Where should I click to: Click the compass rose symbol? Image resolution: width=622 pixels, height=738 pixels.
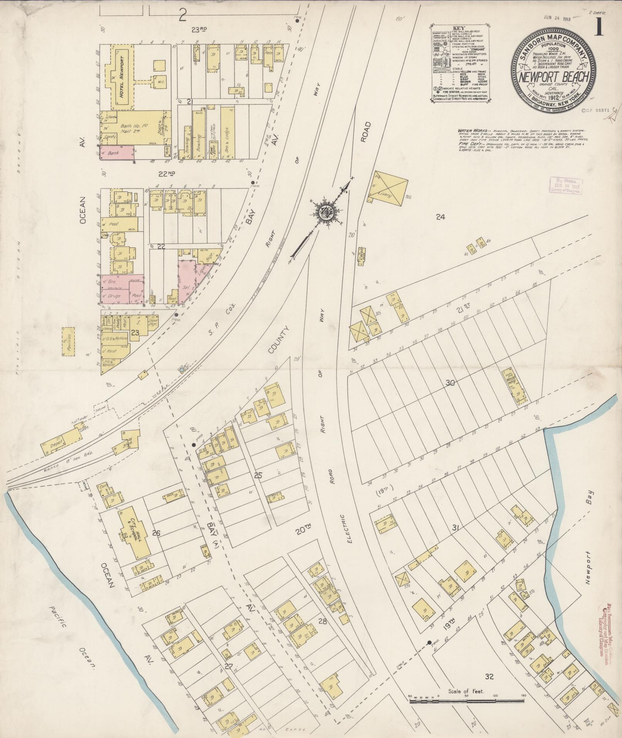[x=326, y=211]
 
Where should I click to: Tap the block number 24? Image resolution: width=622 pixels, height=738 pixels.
[x=440, y=217]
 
